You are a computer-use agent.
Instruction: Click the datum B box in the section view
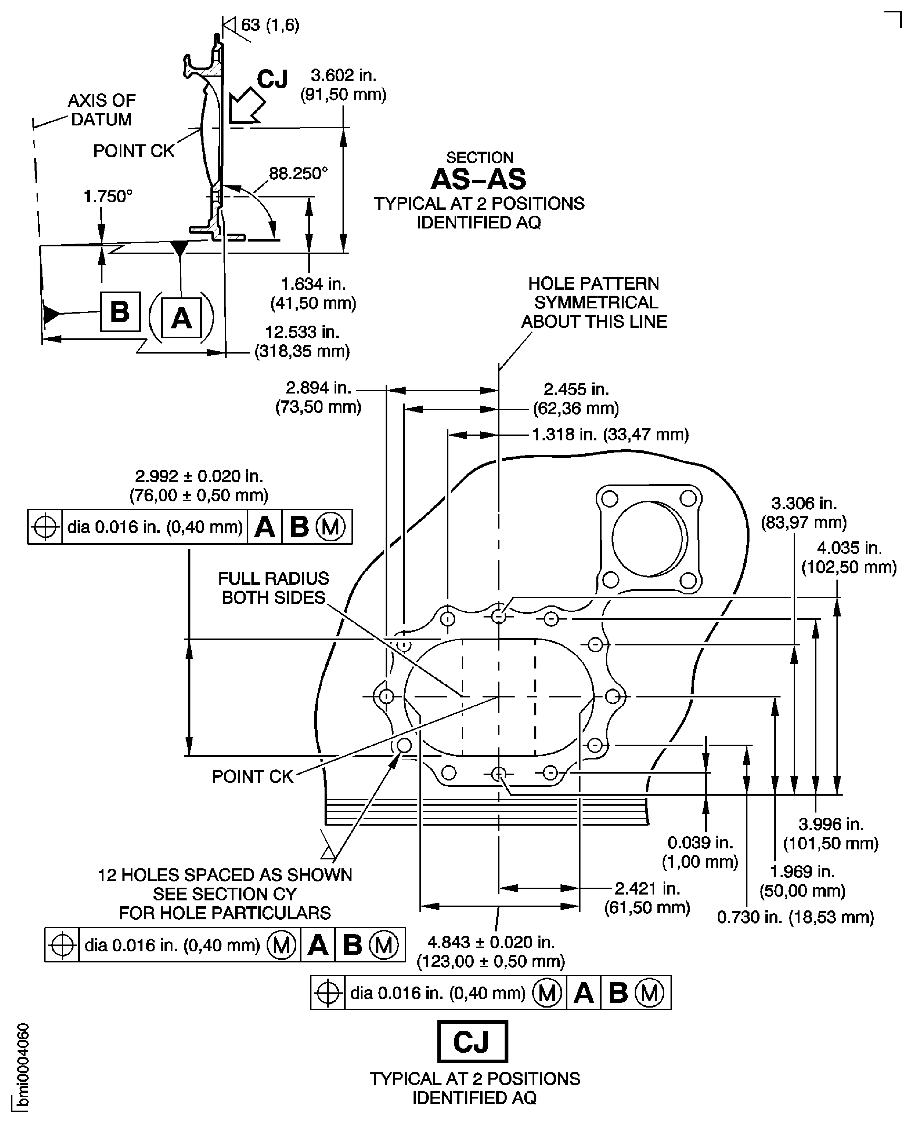pyautogui.click(x=120, y=312)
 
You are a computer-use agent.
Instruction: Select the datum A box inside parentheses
pyautogui.click(x=181, y=317)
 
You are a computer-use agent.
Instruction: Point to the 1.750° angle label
pyautogui.click(x=108, y=196)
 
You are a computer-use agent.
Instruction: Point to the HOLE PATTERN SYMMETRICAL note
pyautogui.click(x=594, y=302)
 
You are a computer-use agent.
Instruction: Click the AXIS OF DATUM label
pyautogui.click(x=101, y=110)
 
